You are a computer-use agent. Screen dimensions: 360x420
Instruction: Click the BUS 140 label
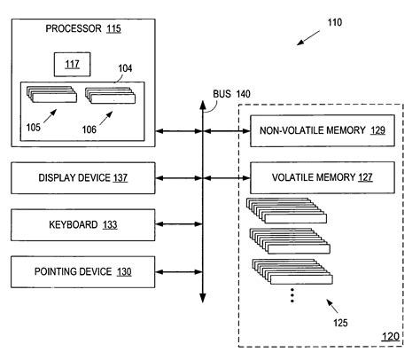[231, 93]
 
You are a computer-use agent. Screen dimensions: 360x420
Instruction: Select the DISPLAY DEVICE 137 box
[83, 177]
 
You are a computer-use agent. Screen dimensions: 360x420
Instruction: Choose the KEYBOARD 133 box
[83, 223]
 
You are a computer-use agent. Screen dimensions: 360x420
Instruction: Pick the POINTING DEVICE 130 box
[83, 270]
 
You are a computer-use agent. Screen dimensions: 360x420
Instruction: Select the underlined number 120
[390, 336]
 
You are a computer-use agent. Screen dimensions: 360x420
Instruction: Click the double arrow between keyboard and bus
[180, 223]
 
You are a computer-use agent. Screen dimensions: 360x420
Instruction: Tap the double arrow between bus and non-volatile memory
[225, 130]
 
